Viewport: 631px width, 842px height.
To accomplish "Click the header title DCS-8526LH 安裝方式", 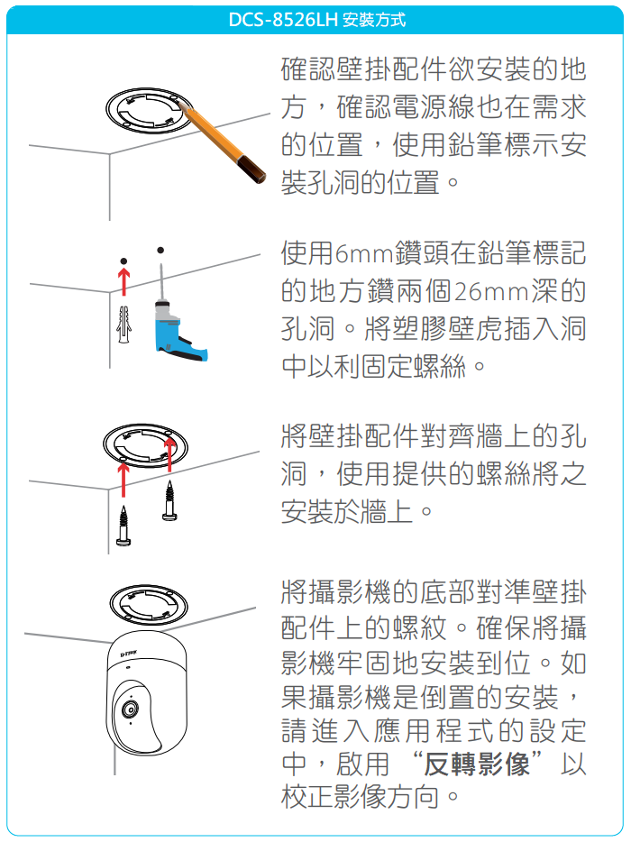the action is tap(316, 20).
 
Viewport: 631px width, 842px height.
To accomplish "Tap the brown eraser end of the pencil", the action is tap(252, 169).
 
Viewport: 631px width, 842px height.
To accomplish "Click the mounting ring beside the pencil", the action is tap(149, 112).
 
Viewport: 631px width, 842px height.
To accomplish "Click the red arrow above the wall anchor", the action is tap(124, 282).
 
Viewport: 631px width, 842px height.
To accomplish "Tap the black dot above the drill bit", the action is tap(160, 250).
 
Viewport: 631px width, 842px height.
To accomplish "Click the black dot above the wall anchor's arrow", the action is tap(124, 261).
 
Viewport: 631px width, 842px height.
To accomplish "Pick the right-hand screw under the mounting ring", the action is tap(169, 500).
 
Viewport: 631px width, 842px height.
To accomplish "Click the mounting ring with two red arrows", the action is tap(146, 447).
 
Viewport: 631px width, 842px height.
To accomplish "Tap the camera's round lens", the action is tap(129, 709).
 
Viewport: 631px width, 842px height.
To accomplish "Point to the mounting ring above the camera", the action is tap(148, 604).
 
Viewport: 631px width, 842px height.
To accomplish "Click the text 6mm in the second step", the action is tap(365, 254).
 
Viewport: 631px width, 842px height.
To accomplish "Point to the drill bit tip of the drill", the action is tap(160, 265).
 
